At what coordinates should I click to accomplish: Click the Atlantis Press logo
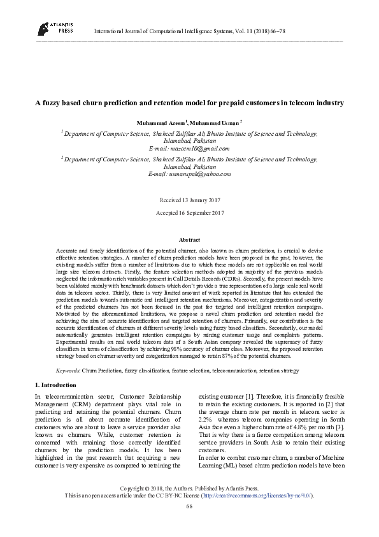click(51, 27)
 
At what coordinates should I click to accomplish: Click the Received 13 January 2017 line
click(189, 200)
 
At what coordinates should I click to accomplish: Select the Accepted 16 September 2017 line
click(189, 213)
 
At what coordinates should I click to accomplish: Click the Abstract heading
click(189, 239)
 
